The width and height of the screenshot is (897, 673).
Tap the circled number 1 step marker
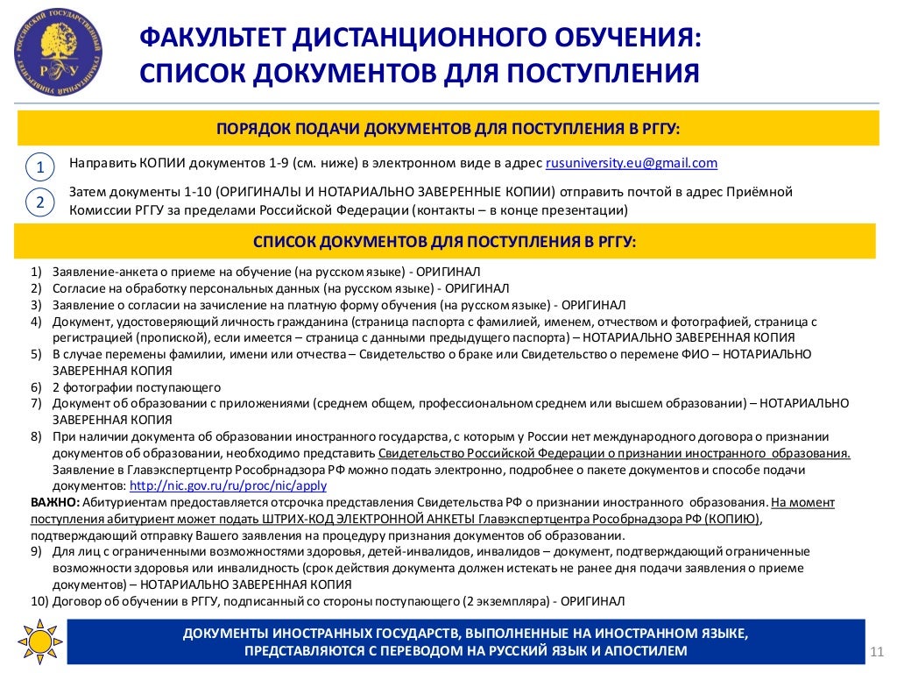click(39, 166)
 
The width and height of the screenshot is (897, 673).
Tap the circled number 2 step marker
click(39, 202)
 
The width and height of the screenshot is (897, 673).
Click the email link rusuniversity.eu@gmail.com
click(632, 163)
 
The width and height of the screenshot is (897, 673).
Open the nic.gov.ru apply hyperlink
click(228, 485)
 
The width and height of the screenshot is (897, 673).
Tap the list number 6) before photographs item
click(36, 386)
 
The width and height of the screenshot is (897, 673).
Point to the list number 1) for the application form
click(36, 272)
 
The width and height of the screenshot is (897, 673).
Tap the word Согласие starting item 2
click(78, 288)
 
